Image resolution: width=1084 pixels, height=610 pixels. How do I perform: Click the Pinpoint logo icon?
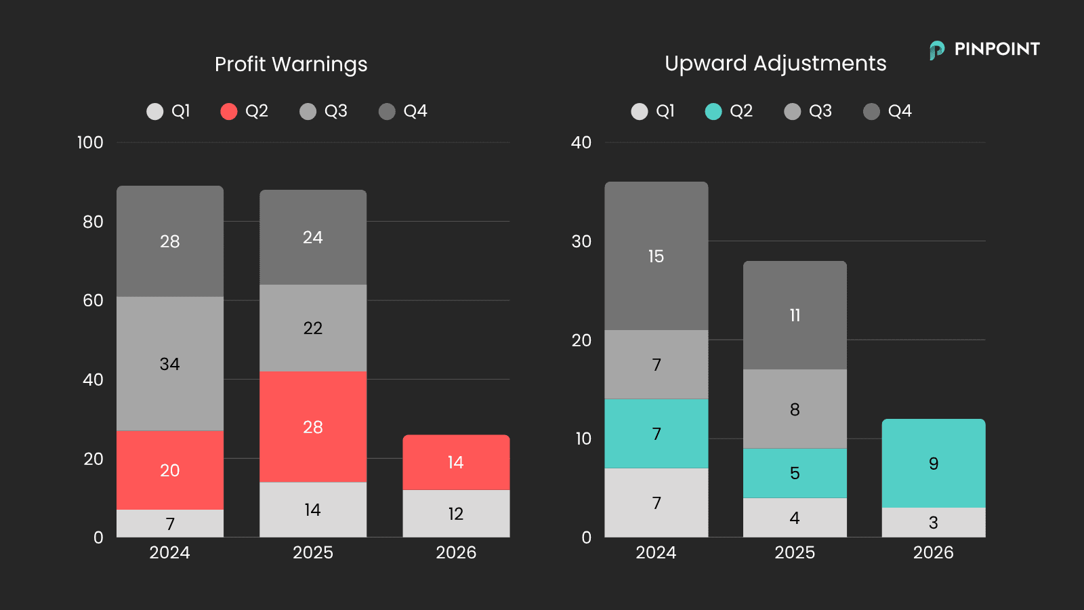click(937, 50)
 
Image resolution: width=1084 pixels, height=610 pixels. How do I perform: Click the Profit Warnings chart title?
click(291, 64)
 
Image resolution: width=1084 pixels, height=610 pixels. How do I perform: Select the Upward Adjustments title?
click(775, 64)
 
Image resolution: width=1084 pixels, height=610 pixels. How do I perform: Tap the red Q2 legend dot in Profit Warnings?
click(229, 111)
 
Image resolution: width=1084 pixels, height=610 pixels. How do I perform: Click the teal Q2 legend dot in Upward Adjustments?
click(713, 111)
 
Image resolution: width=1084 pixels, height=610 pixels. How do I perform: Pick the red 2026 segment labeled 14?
click(456, 462)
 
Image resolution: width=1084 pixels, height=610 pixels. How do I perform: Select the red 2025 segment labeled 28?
click(313, 426)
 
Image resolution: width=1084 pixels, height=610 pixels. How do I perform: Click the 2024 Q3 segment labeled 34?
click(170, 363)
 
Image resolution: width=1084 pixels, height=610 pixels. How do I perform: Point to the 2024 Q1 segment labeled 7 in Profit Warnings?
click(170, 523)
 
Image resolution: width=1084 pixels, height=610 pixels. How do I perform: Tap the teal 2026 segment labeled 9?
click(934, 464)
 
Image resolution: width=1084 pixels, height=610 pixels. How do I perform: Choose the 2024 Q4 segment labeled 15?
click(656, 256)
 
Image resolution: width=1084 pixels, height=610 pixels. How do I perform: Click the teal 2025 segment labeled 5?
click(795, 473)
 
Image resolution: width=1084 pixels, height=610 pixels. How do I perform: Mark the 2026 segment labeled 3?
click(934, 523)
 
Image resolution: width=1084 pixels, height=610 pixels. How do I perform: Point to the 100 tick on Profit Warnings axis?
click(91, 142)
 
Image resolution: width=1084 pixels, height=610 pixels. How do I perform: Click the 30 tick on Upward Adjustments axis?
click(581, 241)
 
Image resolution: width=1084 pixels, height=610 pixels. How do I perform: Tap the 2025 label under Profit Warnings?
click(313, 552)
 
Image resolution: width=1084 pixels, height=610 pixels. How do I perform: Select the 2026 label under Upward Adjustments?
click(934, 552)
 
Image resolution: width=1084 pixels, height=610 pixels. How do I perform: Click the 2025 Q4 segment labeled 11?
click(795, 315)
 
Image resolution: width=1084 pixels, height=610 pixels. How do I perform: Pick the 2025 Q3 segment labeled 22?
click(313, 328)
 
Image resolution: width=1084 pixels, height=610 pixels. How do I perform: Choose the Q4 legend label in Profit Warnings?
click(415, 111)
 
